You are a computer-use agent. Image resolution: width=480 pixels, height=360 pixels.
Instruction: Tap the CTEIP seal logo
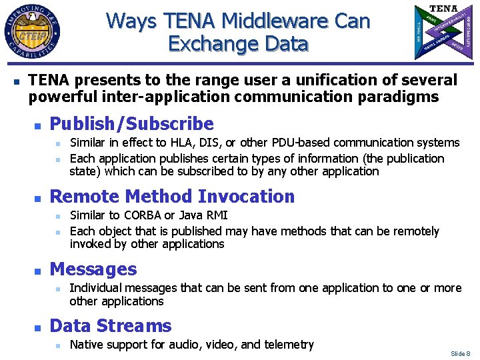tap(32, 32)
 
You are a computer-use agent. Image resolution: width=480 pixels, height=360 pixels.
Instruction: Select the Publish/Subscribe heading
tap(132, 124)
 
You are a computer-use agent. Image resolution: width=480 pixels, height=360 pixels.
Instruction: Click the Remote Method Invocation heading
tap(172, 197)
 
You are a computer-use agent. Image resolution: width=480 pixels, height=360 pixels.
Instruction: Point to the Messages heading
tap(93, 269)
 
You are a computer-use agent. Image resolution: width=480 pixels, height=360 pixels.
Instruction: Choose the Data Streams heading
tap(111, 326)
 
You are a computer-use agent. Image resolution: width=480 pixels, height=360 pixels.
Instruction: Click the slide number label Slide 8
tap(461, 353)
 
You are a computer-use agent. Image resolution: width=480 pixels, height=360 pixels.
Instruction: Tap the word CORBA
tap(143, 215)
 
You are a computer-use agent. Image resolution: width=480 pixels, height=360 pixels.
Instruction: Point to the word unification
tap(315, 81)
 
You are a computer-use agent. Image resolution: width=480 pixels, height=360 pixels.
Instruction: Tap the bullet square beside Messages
tap(38, 271)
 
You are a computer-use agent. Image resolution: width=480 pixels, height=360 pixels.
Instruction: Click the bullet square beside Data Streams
tap(38, 327)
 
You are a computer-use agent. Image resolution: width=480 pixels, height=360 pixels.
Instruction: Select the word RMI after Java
tap(217, 215)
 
